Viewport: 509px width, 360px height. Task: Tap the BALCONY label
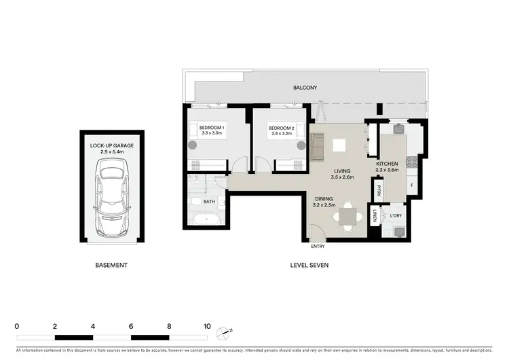[305, 88]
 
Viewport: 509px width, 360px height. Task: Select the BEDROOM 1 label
[212, 128]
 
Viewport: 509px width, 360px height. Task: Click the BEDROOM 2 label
[281, 128]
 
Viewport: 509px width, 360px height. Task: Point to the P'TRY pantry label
[379, 190]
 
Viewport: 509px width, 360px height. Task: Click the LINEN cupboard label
[374, 217]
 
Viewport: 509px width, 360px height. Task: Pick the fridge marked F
[411, 185]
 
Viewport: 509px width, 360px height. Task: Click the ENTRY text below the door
[318, 247]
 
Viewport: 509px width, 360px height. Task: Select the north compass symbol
[225, 332]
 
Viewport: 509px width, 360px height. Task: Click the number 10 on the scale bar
[207, 326]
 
